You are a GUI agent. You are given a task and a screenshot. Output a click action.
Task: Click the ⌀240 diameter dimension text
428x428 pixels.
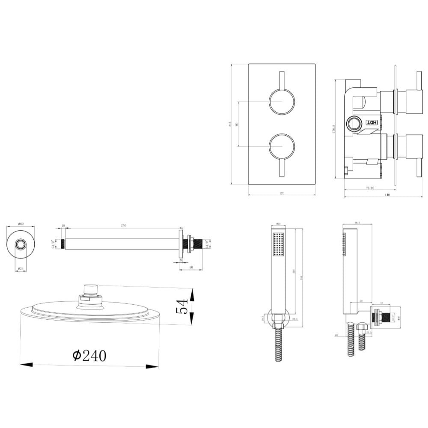tap(89, 355)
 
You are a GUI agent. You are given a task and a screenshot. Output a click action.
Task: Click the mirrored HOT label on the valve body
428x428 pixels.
tap(372, 122)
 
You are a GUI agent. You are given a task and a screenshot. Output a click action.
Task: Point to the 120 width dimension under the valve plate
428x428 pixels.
tap(282, 193)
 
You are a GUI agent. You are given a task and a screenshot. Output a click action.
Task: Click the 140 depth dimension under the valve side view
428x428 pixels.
tap(387, 195)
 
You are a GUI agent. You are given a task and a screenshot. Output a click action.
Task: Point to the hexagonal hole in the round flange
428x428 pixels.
tap(21, 244)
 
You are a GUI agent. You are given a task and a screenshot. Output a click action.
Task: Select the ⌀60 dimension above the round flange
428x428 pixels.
tap(20, 224)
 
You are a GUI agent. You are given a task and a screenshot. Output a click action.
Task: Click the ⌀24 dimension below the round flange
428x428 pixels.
tap(20, 269)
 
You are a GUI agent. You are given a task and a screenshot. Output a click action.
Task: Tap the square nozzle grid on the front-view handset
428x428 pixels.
tap(278, 245)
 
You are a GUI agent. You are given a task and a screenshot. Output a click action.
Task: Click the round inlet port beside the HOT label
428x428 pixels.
tap(354, 124)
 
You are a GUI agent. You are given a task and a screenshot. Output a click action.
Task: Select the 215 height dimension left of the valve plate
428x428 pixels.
tap(230, 124)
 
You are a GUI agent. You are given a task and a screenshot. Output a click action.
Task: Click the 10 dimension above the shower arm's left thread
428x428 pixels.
tap(63, 226)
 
